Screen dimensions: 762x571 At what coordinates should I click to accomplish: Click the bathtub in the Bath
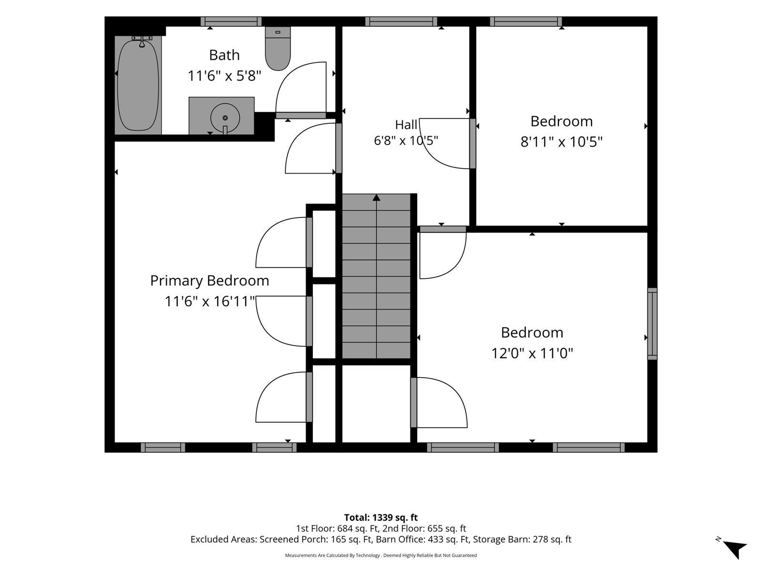(x=138, y=85)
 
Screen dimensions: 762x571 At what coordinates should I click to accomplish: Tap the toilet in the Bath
(x=277, y=49)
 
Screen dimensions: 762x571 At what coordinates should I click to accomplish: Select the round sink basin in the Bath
(x=225, y=118)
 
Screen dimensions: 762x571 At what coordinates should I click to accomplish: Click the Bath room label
(x=224, y=55)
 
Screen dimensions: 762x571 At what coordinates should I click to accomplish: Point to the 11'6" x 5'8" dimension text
(x=224, y=76)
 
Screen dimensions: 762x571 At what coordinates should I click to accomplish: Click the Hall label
(x=406, y=125)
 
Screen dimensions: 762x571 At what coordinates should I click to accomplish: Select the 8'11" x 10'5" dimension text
(x=561, y=142)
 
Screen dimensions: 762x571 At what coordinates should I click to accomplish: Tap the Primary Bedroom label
(x=210, y=280)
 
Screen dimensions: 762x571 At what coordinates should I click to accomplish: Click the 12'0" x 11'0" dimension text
(x=532, y=353)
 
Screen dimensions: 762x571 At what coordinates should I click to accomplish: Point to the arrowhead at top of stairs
(x=376, y=197)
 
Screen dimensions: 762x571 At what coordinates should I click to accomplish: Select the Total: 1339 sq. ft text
(x=381, y=518)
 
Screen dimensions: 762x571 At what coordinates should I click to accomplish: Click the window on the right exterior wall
(x=652, y=324)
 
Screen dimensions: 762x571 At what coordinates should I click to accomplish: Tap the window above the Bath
(x=231, y=21)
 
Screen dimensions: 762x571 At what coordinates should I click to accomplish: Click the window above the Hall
(x=401, y=21)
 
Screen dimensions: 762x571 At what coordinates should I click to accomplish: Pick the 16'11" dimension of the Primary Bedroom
(x=234, y=301)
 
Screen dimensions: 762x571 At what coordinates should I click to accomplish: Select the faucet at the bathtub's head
(x=142, y=41)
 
